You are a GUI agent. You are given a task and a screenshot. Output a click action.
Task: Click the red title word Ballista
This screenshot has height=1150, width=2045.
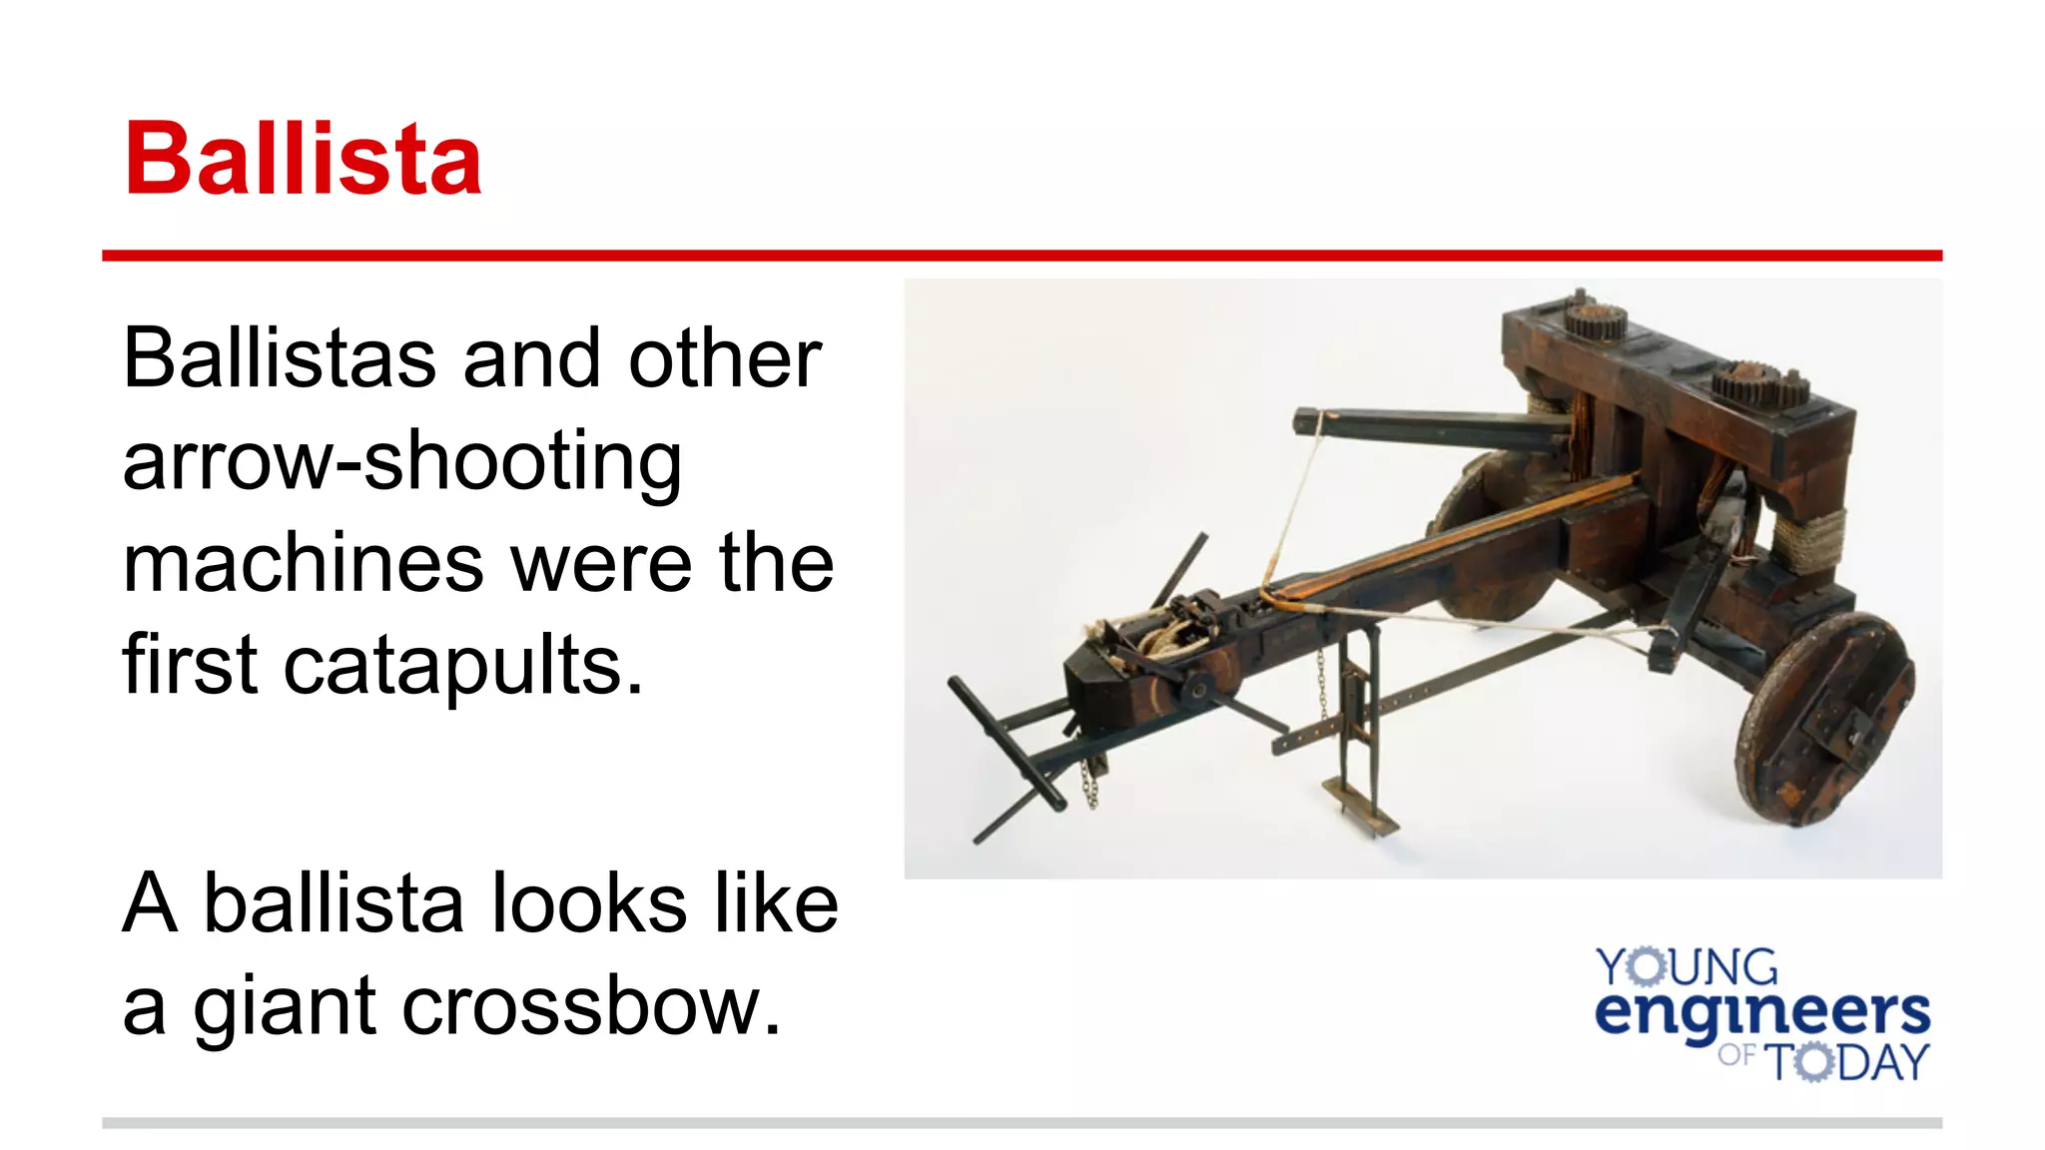[x=303, y=160]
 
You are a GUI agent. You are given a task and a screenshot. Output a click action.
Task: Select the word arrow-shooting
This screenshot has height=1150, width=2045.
[x=401, y=462]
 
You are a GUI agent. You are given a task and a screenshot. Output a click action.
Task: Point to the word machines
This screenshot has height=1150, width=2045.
[x=303, y=564]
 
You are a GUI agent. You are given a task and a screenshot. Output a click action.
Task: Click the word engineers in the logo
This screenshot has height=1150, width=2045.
[x=1762, y=1013]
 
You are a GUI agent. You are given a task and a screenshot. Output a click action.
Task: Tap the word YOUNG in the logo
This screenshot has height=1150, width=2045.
[x=1687, y=967]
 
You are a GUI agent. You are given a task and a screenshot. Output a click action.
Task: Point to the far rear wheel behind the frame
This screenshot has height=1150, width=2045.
[x=1488, y=539]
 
